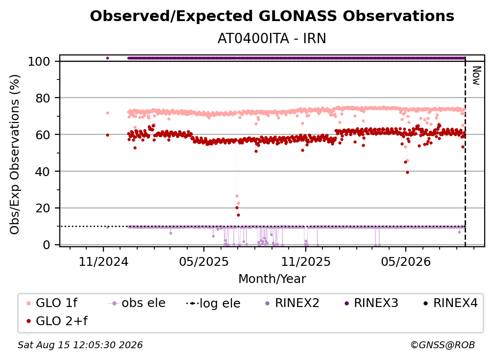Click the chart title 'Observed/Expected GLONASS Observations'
(272, 16)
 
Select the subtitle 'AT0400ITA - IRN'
(272, 38)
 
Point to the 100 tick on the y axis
(39, 61)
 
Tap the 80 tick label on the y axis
(43, 99)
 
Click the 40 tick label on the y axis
(43, 172)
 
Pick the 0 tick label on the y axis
(47, 245)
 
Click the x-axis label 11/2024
(103, 261)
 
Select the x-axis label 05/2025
(204, 261)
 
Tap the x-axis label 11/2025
(306, 261)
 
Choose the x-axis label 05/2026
(406, 261)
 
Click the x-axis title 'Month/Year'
(272, 279)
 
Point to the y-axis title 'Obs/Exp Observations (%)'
(15, 154)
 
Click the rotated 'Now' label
(476, 76)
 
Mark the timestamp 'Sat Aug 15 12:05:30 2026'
(80, 345)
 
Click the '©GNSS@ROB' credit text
(443, 345)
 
